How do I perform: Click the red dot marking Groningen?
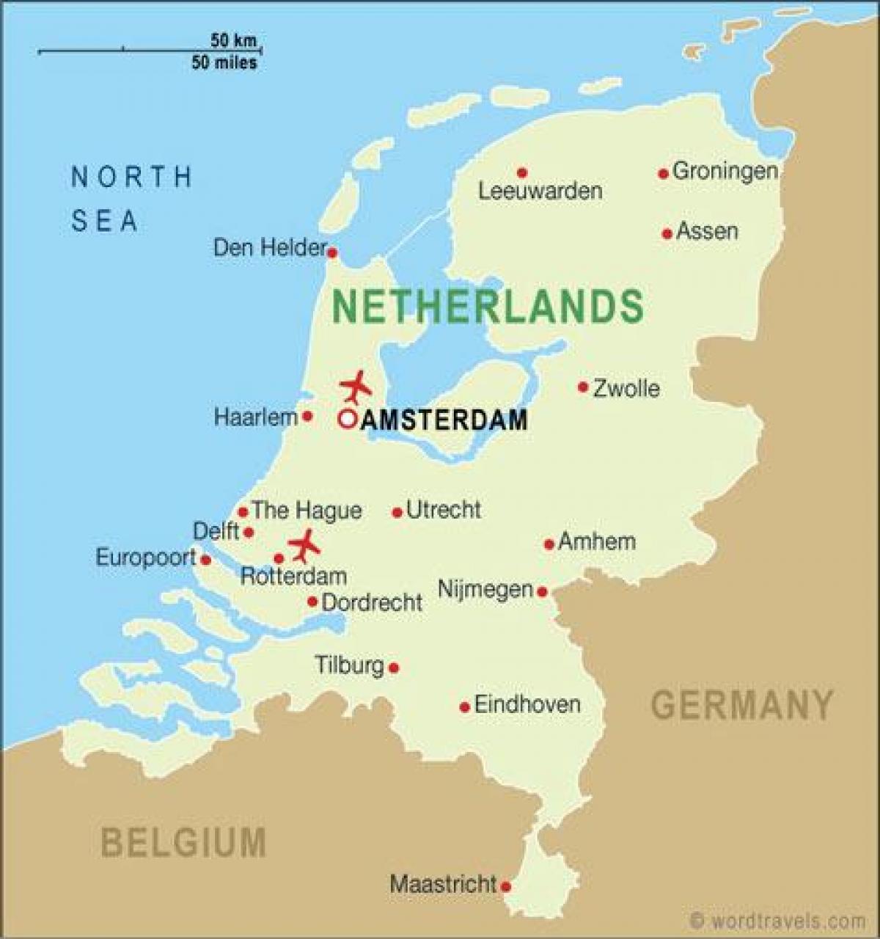pos(663,174)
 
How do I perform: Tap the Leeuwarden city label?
pos(540,191)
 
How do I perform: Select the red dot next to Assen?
pos(667,234)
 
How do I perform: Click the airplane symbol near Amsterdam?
pos(356,386)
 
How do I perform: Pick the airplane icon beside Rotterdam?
pos(304,546)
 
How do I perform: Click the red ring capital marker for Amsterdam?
pos(347,419)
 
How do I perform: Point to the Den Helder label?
pos(269,248)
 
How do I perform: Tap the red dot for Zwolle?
pos(583,387)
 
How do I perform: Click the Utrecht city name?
pos(444,510)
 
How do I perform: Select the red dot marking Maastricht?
pos(505,886)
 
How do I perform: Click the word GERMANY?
pos(742,705)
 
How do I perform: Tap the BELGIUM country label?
pos(183,841)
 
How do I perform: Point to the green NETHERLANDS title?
pos(488,306)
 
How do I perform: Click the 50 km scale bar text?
pos(233,40)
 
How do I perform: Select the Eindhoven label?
pos(527,705)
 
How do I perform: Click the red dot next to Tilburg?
pos(394,668)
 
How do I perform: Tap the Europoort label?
pos(146,558)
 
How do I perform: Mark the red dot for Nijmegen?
pos(542,591)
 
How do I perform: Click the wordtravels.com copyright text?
pos(777,921)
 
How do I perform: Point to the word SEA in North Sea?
pos(104,221)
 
